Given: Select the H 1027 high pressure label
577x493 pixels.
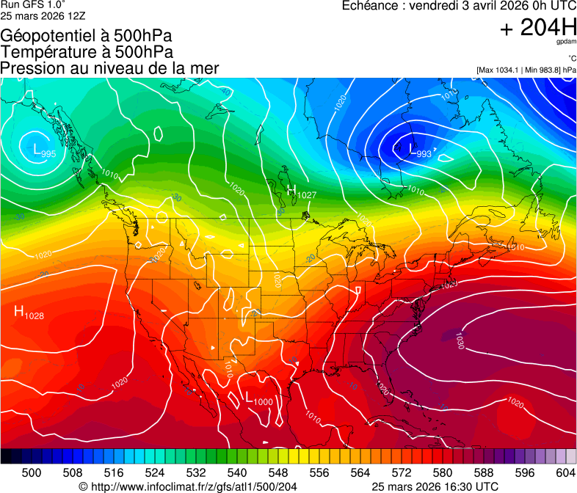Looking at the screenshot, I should [x=301, y=193].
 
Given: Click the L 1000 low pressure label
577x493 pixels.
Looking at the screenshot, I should [x=258, y=399].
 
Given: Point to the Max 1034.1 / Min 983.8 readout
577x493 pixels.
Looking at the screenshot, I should [x=526, y=70].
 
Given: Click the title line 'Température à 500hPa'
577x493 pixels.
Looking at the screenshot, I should [x=87, y=51].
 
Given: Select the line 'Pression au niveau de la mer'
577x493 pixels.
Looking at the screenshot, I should [x=109, y=68].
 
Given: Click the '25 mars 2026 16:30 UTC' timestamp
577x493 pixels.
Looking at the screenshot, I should [x=435, y=486].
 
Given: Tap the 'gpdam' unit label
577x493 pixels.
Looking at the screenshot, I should [x=566, y=43].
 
